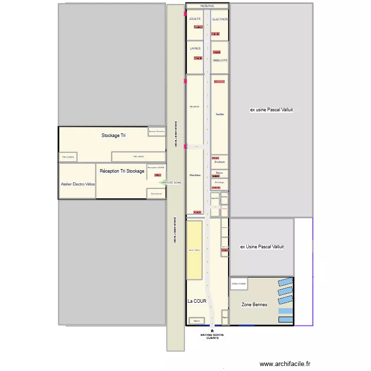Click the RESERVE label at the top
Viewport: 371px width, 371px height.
207,6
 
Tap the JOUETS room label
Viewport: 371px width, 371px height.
195,19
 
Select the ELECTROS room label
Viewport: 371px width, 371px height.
220,19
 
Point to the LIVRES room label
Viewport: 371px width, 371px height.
195,48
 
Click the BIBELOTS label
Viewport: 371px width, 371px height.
220,60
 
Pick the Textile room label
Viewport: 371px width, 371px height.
220,114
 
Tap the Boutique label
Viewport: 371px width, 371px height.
220,162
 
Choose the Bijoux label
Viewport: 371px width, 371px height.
220,173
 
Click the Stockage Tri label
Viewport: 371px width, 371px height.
113,135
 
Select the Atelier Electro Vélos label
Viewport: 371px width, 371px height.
78,184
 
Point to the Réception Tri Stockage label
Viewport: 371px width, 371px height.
122,171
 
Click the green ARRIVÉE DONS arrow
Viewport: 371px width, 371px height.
161,183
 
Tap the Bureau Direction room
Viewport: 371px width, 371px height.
156,131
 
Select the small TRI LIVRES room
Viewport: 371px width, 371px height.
68,157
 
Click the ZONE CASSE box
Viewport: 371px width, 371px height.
238,284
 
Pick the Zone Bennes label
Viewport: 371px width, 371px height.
254,305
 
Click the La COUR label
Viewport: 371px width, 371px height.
196,301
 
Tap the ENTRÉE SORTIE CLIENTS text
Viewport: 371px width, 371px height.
212,336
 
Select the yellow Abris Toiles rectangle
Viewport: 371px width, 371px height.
194,250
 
